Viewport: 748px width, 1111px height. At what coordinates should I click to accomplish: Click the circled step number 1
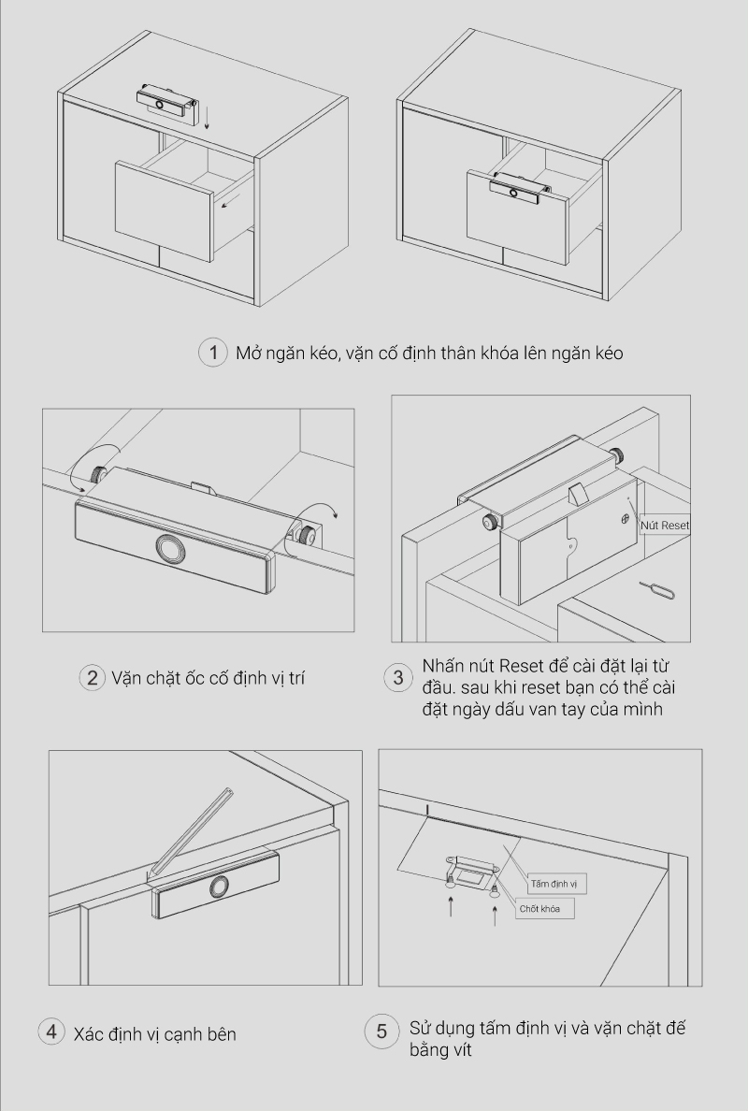click(x=212, y=353)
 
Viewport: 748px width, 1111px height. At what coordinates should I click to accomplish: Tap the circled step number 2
click(x=92, y=678)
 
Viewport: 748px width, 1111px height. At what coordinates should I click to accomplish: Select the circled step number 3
click(x=398, y=678)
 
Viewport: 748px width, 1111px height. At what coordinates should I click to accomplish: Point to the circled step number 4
click(x=51, y=1032)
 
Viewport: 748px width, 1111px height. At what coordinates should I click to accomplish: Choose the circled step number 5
click(x=381, y=1032)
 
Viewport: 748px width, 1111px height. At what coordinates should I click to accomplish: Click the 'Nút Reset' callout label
click(x=665, y=525)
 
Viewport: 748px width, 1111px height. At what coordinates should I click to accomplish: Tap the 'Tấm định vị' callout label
click(x=554, y=884)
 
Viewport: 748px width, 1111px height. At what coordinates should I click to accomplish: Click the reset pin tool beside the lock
click(x=650, y=586)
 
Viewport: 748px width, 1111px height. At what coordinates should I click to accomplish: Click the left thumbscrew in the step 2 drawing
click(x=97, y=472)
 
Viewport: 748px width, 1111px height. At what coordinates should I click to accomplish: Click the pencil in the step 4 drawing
click(x=191, y=835)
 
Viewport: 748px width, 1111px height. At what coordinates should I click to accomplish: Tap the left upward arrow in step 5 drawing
click(x=451, y=905)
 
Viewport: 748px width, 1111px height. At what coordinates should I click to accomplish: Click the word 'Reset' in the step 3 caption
click(x=521, y=667)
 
